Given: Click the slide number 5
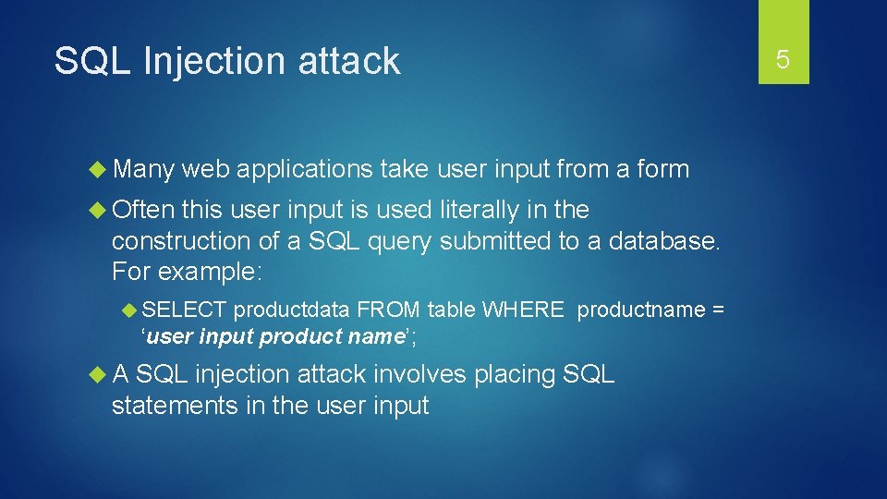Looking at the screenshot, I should click(783, 60).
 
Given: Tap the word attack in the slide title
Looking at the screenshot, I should click(348, 61).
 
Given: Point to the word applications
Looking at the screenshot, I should click(304, 170).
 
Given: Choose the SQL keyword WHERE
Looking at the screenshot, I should click(522, 310).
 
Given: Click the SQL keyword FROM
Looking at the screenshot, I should click(389, 310).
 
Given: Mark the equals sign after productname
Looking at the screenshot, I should click(718, 310).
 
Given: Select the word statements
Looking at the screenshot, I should click(176, 406).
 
